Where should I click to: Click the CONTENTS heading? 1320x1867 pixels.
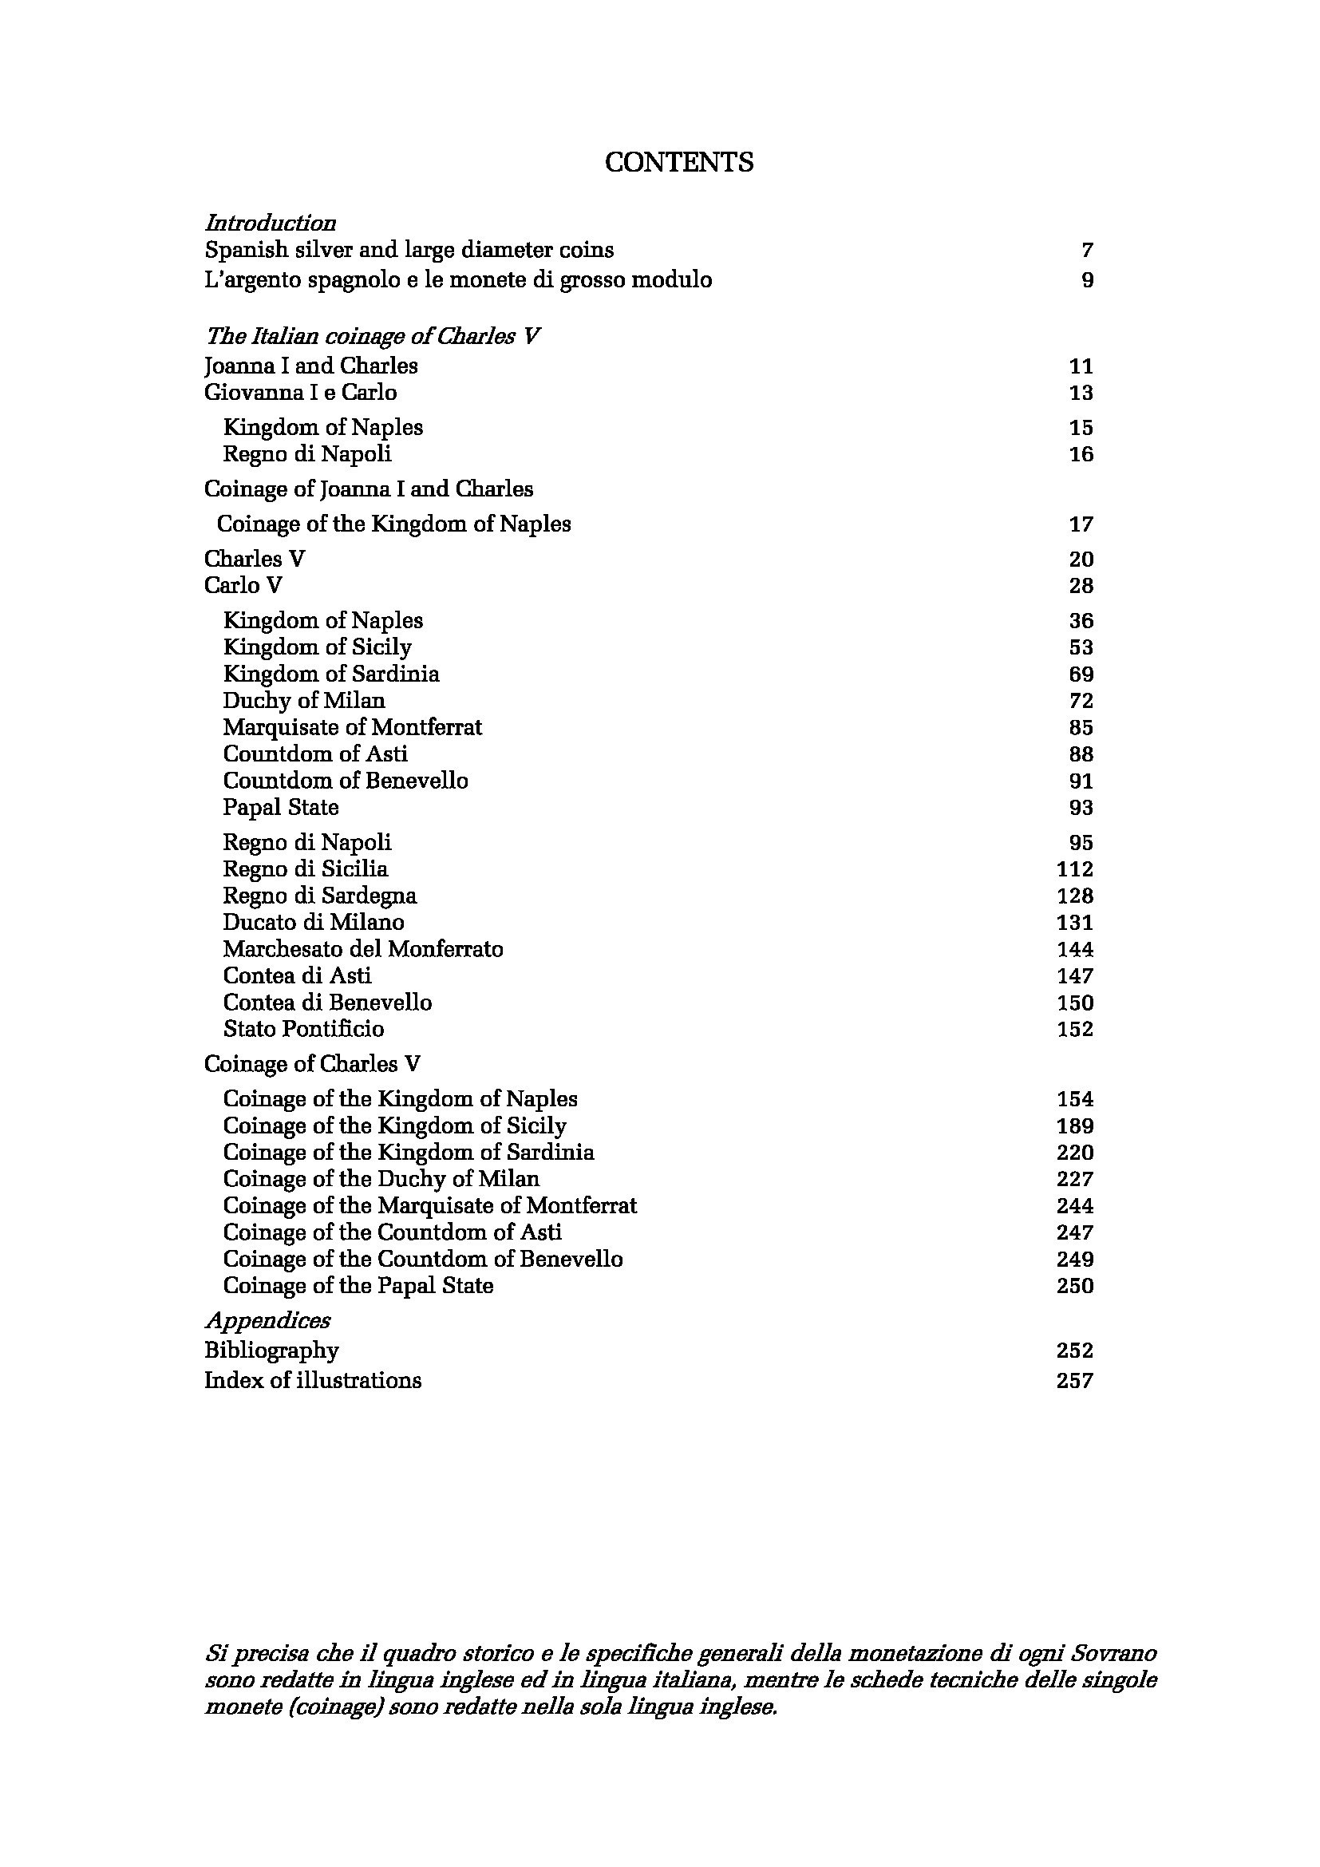[678, 163]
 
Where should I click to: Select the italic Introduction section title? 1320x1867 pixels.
[270, 223]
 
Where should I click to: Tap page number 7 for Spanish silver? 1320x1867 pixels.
[1088, 251]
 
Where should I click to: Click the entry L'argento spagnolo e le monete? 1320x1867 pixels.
[457, 280]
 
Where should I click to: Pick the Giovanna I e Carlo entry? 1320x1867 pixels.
[300, 393]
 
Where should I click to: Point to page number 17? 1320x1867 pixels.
[1081, 524]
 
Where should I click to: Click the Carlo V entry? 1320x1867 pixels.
[243, 585]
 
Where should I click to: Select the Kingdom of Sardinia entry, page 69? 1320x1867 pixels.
[331, 674]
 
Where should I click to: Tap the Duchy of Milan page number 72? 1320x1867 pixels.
[1081, 701]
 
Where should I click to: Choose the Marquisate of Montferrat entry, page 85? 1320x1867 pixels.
[352, 727]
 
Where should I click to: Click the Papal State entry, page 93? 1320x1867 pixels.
[280, 808]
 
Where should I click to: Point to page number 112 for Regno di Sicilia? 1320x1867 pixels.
[1074, 869]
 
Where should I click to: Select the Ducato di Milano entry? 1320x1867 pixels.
[313, 922]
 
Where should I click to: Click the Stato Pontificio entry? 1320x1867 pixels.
[303, 1029]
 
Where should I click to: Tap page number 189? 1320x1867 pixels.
[1074, 1126]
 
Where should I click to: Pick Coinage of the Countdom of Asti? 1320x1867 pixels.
[392, 1232]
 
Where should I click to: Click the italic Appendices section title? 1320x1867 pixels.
[267, 1319]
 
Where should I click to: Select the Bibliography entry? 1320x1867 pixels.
[271, 1351]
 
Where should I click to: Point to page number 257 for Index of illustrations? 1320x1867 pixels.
[1074, 1381]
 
